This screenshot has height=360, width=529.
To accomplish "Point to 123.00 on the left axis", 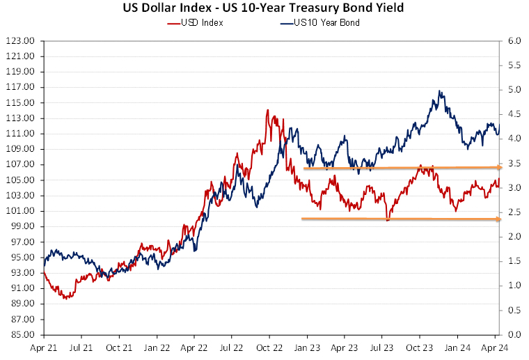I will pyautogui.click(x=19, y=41).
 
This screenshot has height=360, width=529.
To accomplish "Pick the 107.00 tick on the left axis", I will pyautogui.click(x=19, y=165).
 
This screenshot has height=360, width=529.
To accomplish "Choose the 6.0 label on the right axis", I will pyautogui.click(x=513, y=41).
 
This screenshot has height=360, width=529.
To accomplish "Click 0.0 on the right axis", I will pyautogui.click(x=513, y=335).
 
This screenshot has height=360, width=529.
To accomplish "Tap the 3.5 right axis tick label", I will pyautogui.click(x=513, y=164).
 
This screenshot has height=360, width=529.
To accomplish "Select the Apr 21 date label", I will pyautogui.click(x=44, y=347).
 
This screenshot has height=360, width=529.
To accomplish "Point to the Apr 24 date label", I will pyautogui.click(x=495, y=347).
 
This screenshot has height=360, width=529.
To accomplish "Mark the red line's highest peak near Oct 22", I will pyautogui.click(x=267, y=110).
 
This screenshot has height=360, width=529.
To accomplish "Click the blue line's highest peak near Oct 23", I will pyautogui.click(x=440, y=91).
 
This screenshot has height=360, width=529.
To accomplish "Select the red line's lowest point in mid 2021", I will pyautogui.click(x=65, y=298).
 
